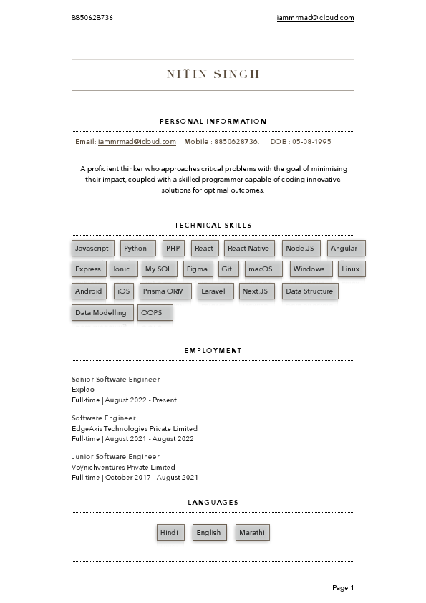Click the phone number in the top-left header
pyautogui.click(x=92, y=18)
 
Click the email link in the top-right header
pyautogui.click(x=315, y=18)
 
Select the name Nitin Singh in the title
pyautogui.click(x=213, y=74)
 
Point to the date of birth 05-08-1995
pyautogui.click(x=311, y=142)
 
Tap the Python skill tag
pyautogui.click(x=135, y=249)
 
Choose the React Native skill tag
pyautogui.click(x=248, y=249)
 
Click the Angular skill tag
pyautogui.click(x=344, y=249)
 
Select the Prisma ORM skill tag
pyautogui.click(x=163, y=291)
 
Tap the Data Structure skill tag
pyautogui.click(x=309, y=291)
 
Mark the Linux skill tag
pyautogui.click(x=351, y=269)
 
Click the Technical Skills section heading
pyautogui.click(x=213, y=226)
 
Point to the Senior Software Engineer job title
pyautogui.click(x=116, y=379)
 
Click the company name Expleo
pyautogui.click(x=83, y=390)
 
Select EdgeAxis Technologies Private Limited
pyautogui.click(x=135, y=428)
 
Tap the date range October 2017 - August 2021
pyautogui.click(x=152, y=478)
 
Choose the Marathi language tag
pyautogui.click(x=252, y=533)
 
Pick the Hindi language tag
pyautogui.click(x=169, y=533)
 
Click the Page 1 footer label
pyautogui.click(x=343, y=588)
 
